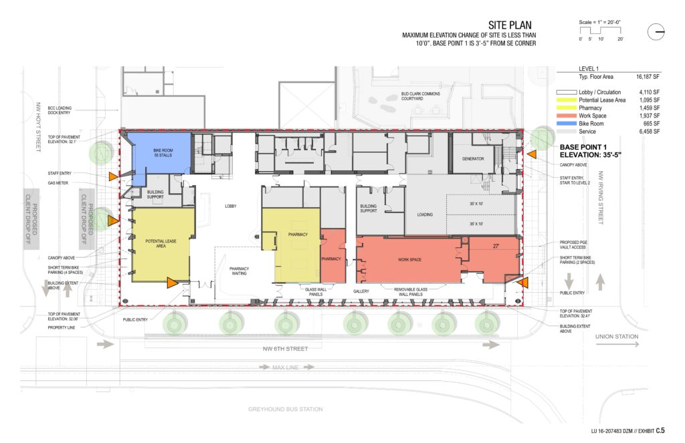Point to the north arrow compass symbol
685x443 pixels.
[x=656, y=31]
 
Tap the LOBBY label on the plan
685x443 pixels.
[x=231, y=206]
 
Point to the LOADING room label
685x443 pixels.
[x=425, y=215]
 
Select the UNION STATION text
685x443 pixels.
[x=616, y=337]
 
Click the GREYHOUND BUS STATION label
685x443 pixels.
[x=286, y=409]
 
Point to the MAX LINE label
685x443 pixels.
[x=286, y=367]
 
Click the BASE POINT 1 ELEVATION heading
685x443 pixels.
[x=592, y=151]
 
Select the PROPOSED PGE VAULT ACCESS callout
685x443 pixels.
[x=577, y=246]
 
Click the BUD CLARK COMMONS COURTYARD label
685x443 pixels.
[x=421, y=96]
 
